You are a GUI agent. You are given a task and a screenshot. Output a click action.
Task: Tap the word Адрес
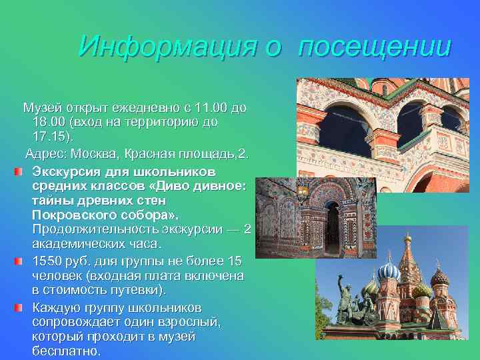(x=45, y=154)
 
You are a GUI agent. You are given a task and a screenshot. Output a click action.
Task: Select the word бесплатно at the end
(x=65, y=351)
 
